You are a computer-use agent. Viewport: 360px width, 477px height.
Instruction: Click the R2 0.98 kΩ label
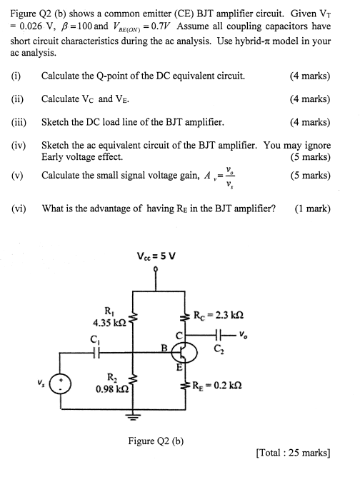[111, 384]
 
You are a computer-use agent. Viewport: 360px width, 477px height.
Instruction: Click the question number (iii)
[19, 122]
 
